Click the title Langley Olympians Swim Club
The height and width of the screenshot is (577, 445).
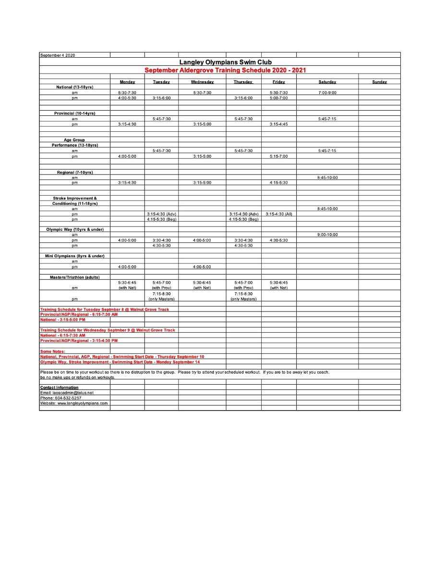coord(225,62)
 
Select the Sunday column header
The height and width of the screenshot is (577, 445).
coord(379,82)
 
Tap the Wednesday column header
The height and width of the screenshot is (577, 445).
coord(202,82)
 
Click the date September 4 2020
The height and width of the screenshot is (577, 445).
coord(58,55)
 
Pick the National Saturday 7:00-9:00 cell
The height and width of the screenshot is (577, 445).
coord(327,92)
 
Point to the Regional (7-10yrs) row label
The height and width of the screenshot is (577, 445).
coord(74,172)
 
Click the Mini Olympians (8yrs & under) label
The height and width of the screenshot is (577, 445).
coord(74,256)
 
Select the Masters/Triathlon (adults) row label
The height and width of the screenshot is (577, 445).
coord(74,277)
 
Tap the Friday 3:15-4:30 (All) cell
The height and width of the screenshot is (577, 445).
coord(278,214)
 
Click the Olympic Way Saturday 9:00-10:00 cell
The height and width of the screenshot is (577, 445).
coord(327,235)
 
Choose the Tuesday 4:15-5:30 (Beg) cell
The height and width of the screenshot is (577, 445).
coord(161,219)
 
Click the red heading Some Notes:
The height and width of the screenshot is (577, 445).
coord(53,351)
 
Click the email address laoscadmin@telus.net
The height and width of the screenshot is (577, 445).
coord(67,393)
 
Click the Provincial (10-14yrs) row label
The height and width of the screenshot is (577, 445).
coord(74,113)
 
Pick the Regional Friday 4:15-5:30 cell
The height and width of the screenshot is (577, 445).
coord(278,183)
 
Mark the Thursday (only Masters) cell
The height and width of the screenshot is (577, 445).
coord(243,299)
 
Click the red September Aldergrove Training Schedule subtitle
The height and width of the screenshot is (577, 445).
coord(225,70)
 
